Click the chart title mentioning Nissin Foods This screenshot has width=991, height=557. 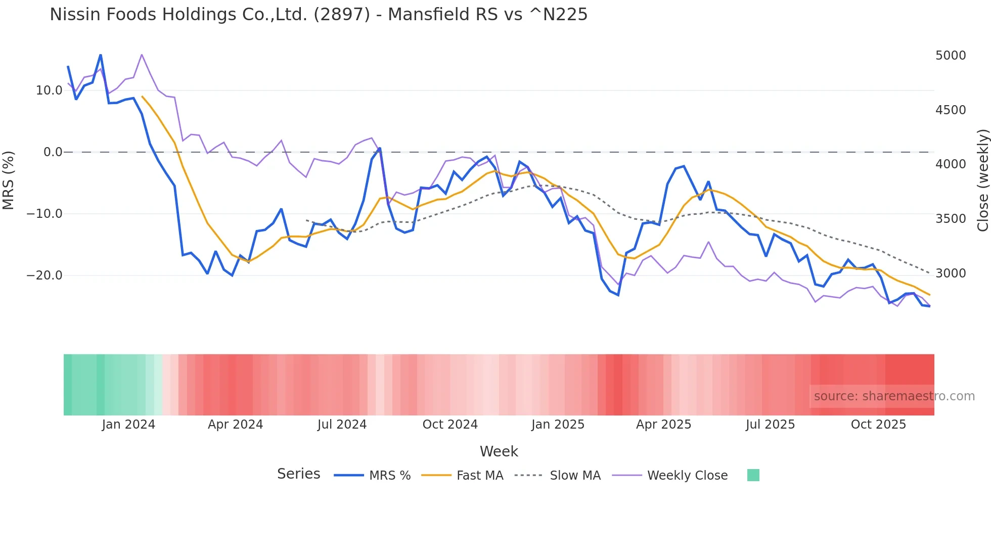click(x=319, y=15)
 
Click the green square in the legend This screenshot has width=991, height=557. click(x=753, y=475)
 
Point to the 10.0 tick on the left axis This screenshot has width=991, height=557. click(x=49, y=90)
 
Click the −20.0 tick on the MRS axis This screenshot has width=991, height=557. click(x=44, y=275)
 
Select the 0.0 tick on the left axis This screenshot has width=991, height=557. click(x=53, y=152)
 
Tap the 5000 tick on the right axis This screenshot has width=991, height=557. click(x=951, y=56)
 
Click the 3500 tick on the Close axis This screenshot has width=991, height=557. click(x=951, y=219)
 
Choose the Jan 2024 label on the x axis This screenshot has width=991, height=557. click(x=128, y=425)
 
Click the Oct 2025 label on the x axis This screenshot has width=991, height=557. click(x=878, y=425)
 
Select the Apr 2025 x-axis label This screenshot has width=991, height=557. click(x=663, y=425)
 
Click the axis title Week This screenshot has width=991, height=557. click(x=499, y=451)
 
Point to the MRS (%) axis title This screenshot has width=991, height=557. click(x=9, y=180)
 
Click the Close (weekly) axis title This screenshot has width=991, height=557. click(x=982, y=180)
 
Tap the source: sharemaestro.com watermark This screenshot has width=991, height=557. click(x=894, y=396)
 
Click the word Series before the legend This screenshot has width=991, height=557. click(x=298, y=474)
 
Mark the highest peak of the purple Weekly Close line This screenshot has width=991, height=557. click(x=142, y=55)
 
